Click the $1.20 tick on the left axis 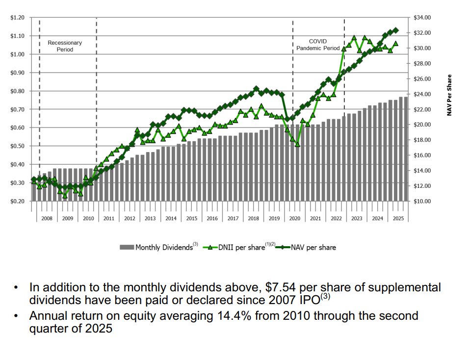coord(17,18)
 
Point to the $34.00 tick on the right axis coord(422,18)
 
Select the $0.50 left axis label coord(17,146)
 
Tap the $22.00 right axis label coord(422,109)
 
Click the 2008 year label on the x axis coord(47,218)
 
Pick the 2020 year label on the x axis coord(294,218)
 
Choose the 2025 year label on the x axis coord(398,218)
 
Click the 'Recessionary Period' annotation coord(65,46)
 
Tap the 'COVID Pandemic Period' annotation coord(317,45)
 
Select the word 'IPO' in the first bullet coord(308,300)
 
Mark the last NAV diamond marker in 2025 coord(396,30)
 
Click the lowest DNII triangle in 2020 coord(297,144)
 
